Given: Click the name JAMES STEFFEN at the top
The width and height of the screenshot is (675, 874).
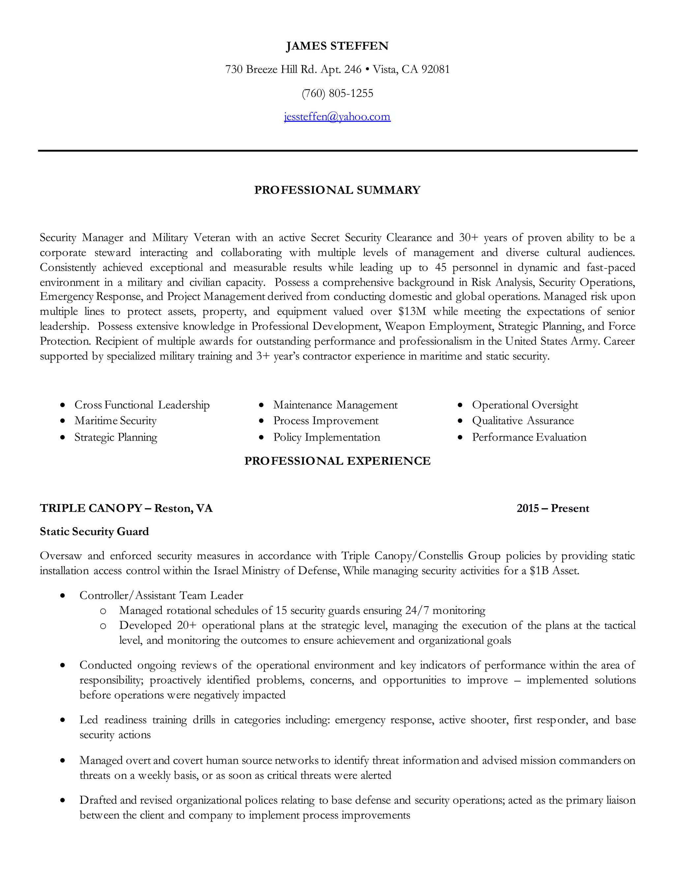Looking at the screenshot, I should click(337, 46).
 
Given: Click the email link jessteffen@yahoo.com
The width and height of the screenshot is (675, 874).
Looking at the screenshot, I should click(337, 116).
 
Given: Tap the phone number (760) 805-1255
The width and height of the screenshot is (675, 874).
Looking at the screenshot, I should click(337, 93).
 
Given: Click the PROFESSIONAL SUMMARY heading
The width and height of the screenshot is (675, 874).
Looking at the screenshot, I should click(337, 190).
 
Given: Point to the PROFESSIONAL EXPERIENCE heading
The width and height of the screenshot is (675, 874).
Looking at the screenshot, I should click(337, 461).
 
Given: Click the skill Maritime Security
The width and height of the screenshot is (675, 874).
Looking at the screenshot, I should click(115, 421).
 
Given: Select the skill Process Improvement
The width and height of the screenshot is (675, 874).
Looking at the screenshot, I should click(326, 421).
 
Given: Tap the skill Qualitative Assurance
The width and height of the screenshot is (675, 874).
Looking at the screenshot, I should click(523, 421).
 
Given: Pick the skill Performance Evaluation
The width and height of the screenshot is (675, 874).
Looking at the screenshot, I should click(529, 437).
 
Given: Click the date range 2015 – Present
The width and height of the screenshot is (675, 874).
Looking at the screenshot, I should click(553, 508).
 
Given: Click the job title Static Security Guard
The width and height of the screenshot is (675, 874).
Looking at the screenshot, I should click(94, 531).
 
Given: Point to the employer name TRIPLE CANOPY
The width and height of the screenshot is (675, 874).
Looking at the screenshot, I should click(91, 508).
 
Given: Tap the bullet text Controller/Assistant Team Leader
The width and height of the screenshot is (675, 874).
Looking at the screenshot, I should click(161, 595).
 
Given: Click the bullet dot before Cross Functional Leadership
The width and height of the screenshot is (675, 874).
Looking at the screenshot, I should click(62, 405).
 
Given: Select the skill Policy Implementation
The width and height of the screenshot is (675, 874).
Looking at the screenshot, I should click(326, 437).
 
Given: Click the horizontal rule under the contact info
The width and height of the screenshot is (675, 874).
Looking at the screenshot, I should click(337, 151).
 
